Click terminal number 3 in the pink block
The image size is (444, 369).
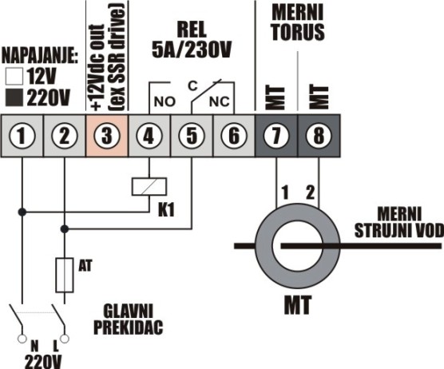click(107, 136)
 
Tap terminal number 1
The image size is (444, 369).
click(22, 136)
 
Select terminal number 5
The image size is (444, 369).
click(192, 136)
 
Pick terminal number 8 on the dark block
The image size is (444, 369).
click(319, 136)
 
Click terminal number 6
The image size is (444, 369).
click(234, 136)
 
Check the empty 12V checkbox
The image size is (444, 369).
click(14, 77)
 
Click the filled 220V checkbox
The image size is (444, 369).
click(14, 97)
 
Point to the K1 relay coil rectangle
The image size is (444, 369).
click(149, 187)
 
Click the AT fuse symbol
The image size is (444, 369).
click(65, 275)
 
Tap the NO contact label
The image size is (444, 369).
click(165, 101)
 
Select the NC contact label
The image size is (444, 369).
click(219, 101)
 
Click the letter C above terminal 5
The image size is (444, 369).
click(192, 85)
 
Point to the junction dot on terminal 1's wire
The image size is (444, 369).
click(22, 212)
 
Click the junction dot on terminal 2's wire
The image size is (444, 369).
click(65, 228)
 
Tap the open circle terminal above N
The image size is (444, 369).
click(22, 339)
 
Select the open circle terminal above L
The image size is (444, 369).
click(65, 339)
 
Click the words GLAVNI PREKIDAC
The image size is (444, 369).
click(129, 319)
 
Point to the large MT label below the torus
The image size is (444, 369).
click(298, 305)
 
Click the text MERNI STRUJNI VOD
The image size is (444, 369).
click(399, 223)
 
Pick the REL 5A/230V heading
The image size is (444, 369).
click(192, 40)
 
